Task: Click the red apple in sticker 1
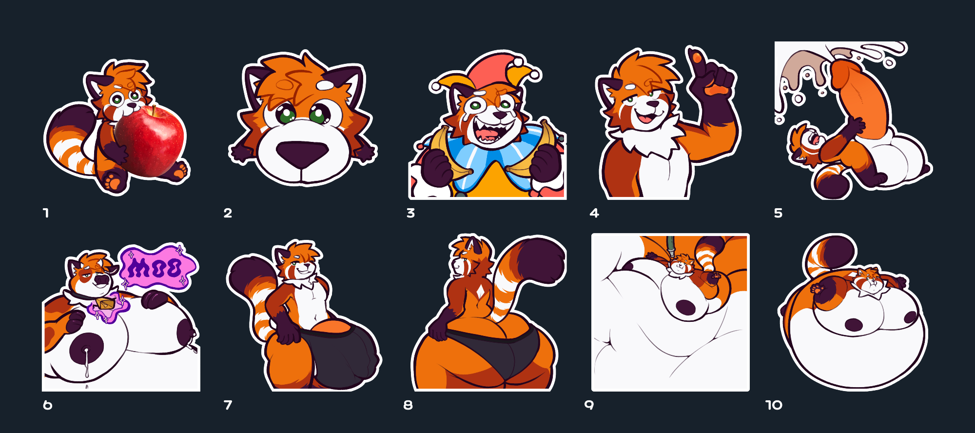pyautogui.click(x=150, y=141)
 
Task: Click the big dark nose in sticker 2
pyautogui.click(x=302, y=154)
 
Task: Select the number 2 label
pyautogui.click(x=228, y=213)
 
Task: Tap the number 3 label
pyautogui.click(x=410, y=213)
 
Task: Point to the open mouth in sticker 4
pyautogui.click(x=645, y=118)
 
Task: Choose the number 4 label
pyautogui.click(x=594, y=213)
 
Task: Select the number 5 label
pyautogui.click(x=778, y=213)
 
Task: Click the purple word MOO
pyautogui.click(x=156, y=268)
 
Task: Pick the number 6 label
pyautogui.click(x=47, y=405)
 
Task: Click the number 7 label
pyautogui.click(x=228, y=405)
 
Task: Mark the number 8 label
pyautogui.click(x=408, y=405)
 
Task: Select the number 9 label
pyautogui.click(x=589, y=405)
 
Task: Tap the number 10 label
pyautogui.click(x=774, y=405)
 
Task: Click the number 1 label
pyautogui.click(x=46, y=213)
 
